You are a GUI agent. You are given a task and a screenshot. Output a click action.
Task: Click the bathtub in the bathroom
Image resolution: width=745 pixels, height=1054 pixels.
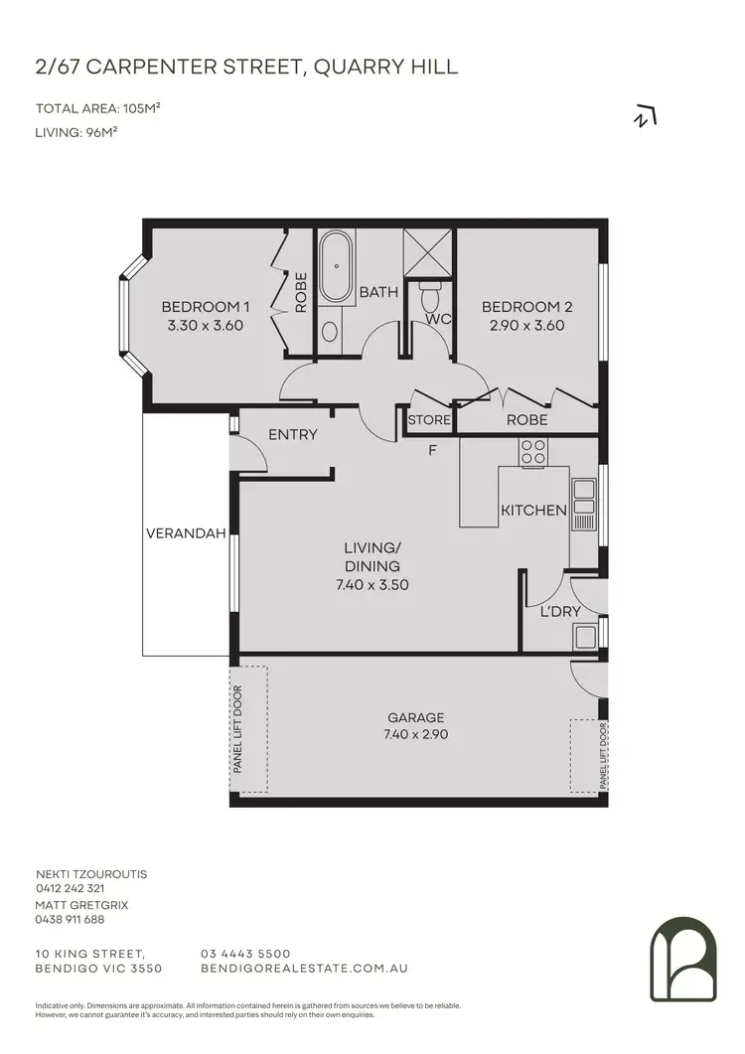[337, 267]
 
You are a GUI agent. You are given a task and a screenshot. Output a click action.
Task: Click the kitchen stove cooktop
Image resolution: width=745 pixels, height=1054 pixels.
[533, 452]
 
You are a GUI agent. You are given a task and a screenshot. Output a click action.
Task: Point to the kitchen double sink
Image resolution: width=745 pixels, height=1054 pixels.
[584, 503]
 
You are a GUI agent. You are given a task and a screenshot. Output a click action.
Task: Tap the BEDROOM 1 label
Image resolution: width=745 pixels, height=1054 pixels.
[203, 307]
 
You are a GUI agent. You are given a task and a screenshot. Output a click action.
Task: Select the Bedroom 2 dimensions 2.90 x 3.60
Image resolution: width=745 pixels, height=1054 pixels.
[526, 325]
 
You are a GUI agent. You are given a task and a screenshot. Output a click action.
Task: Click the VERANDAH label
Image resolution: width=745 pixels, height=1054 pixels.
[178, 532]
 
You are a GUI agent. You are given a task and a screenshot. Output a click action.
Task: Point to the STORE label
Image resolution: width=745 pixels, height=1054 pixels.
[429, 420]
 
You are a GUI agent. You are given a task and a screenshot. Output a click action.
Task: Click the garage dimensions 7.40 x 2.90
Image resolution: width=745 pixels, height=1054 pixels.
[416, 735]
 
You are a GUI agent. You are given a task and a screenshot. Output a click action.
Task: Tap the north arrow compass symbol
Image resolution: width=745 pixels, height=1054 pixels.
[646, 117]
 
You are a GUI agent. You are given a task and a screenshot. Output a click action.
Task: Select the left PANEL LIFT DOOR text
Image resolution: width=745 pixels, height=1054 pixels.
[238, 730]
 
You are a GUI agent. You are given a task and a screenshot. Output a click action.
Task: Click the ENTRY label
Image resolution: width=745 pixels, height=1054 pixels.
[293, 434]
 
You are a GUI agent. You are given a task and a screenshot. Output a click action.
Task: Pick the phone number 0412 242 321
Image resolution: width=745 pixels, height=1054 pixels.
[70, 888]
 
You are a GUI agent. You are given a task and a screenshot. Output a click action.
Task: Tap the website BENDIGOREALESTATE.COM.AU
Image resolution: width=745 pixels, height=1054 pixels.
[304, 968]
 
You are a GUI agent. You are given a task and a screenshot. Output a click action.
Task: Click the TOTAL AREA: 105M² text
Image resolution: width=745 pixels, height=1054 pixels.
[98, 108]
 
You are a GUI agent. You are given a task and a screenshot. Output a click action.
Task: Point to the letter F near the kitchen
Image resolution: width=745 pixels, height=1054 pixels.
[432, 450]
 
